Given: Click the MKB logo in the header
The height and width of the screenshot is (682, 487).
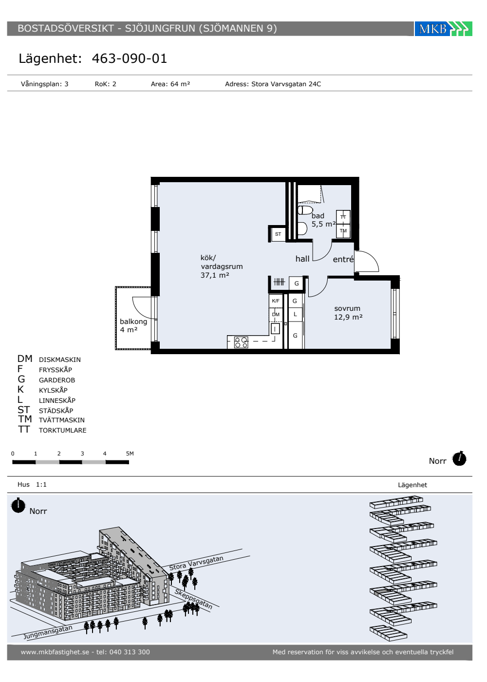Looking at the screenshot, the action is coord(443,29).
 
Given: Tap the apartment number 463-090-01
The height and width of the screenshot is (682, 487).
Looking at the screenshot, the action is coord(130,58).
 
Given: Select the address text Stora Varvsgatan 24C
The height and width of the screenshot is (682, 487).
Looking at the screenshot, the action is coord(286,84).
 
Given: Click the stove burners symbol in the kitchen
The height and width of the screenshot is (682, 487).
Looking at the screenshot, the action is coord(241,342).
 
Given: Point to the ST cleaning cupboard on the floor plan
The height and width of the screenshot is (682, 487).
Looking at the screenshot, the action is coord(278,234).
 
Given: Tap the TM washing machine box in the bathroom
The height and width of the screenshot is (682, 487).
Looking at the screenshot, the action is coord(343,231).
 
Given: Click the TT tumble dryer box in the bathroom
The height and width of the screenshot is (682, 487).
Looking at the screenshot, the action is coord(343,217).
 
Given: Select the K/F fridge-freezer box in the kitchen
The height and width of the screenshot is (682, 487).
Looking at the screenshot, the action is coord(276,301).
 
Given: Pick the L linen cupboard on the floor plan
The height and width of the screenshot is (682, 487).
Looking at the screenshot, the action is coord(295,315).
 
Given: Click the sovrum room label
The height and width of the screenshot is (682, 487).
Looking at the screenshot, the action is coord(347,308).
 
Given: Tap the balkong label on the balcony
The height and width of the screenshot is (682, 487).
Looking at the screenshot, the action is coord(133,322).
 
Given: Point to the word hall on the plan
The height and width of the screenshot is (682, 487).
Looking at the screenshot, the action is coord(302,259).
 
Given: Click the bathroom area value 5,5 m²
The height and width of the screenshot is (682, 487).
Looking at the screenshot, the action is coord(323,224).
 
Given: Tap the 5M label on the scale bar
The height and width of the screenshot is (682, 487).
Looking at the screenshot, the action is coord(130,454).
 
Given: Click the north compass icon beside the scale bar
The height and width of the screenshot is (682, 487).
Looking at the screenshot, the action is coord(459,458).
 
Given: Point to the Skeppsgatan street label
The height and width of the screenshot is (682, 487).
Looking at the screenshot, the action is coord(194,599).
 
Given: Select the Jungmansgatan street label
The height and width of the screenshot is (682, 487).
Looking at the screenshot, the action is coord(48,632).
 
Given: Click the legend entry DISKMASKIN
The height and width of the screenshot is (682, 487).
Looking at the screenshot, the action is coord(59,360).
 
